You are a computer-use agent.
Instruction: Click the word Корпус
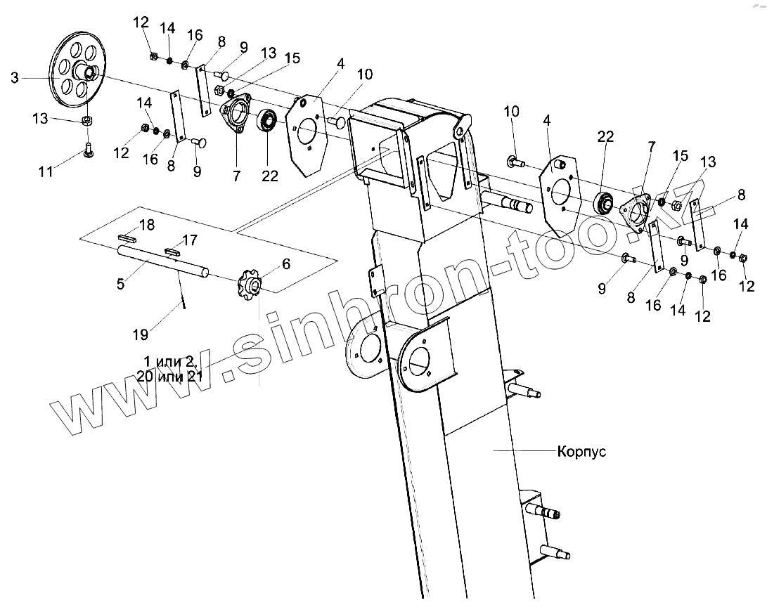click(x=581, y=451)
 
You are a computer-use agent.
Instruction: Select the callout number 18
click(x=146, y=225)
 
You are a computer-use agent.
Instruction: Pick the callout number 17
click(x=191, y=241)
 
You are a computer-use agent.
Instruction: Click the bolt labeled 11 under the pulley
click(x=89, y=150)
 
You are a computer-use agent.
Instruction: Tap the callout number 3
click(x=15, y=78)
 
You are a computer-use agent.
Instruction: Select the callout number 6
click(x=285, y=263)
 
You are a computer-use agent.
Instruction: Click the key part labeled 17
click(x=174, y=249)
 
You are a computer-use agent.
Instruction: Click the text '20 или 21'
click(x=170, y=377)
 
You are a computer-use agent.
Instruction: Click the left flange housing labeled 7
click(x=236, y=113)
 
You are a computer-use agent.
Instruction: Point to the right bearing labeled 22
click(x=603, y=202)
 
